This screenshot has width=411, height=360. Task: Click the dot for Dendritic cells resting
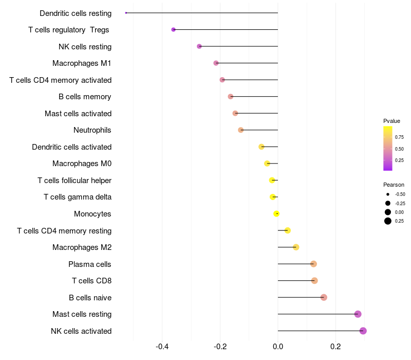click(x=126, y=13)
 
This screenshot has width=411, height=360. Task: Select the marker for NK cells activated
click(x=363, y=331)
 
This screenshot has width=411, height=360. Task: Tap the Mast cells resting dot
click(x=358, y=314)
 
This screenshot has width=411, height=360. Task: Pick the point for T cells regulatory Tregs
click(x=173, y=30)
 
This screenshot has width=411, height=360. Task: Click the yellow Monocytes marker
click(x=276, y=214)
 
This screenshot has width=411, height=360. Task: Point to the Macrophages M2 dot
click(x=296, y=247)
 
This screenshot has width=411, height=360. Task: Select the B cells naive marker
click(x=324, y=298)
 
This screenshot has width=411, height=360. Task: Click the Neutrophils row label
click(x=92, y=130)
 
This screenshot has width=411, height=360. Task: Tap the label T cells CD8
click(x=92, y=281)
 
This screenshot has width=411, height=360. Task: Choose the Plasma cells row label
click(x=89, y=264)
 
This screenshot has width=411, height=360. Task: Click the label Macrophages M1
click(x=82, y=63)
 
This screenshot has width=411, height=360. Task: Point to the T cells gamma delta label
click(x=78, y=197)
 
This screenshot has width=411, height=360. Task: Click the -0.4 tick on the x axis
click(x=162, y=347)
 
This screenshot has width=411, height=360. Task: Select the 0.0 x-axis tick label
click(x=278, y=347)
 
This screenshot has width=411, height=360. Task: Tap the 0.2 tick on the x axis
click(x=335, y=347)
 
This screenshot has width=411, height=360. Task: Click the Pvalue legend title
click(x=391, y=121)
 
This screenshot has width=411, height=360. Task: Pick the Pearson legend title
click(x=394, y=185)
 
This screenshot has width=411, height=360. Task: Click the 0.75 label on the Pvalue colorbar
click(x=399, y=137)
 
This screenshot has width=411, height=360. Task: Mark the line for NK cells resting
click(x=238, y=46)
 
